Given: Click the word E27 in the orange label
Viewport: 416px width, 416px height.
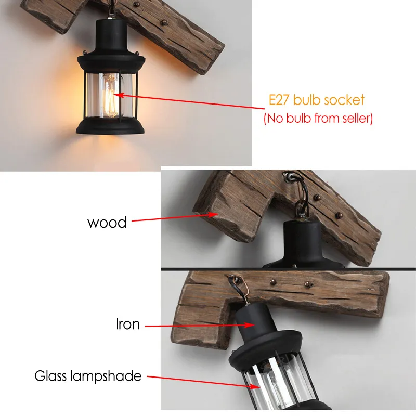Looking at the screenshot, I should (279, 99).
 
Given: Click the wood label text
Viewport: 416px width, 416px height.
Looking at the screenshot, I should (107, 223).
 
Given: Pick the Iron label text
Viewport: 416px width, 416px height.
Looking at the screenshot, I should (127, 324).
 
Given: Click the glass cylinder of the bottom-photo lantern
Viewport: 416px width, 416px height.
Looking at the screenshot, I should (281, 385).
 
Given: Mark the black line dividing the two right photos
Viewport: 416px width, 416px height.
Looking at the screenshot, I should (289, 269).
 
